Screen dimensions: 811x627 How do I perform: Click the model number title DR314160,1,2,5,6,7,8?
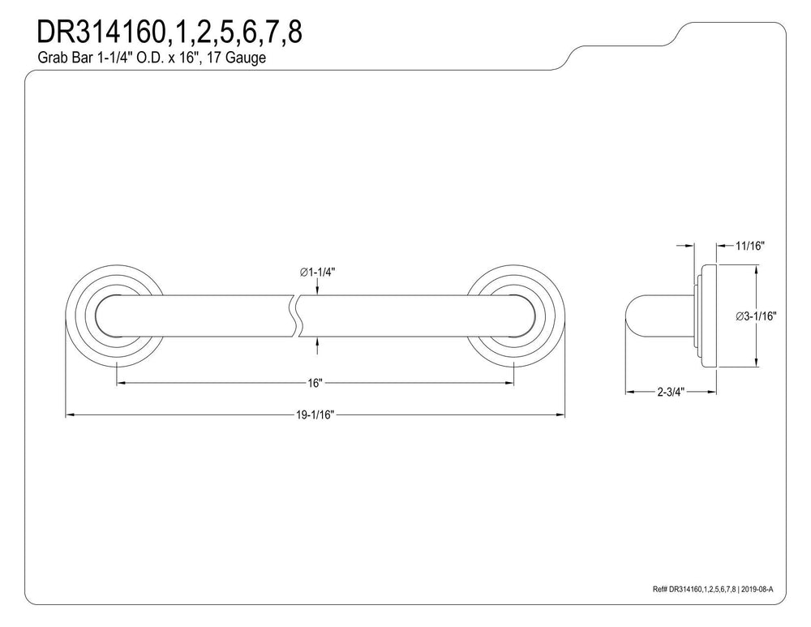click(169, 32)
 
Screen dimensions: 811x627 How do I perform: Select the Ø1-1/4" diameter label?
click(317, 272)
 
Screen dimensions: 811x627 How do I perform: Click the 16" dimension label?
click(315, 383)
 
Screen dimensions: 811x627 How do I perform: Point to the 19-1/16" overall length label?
click(315, 414)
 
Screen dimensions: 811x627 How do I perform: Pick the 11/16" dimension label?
click(750, 246)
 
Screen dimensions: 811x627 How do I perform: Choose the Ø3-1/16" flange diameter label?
click(756, 316)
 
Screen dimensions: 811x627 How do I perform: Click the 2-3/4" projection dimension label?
click(671, 392)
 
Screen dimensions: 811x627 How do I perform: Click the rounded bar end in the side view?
click(632, 316)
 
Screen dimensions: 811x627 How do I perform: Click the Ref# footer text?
click(713, 589)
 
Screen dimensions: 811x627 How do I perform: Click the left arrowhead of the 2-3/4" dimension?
click(630, 392)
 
